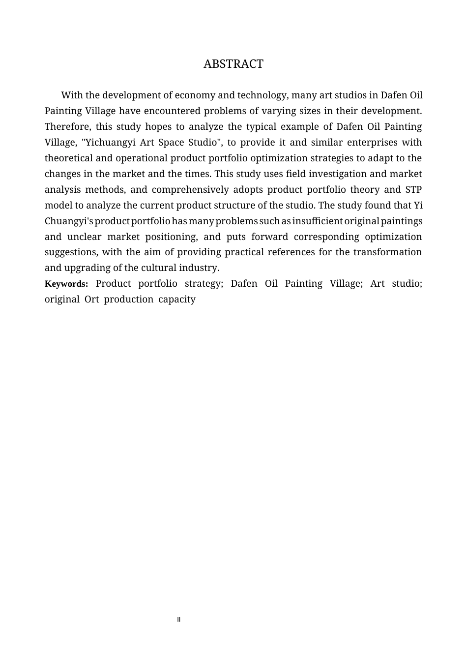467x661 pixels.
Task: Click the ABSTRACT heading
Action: click(x=233, y=64)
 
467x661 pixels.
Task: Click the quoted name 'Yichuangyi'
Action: click(x=108, y=143)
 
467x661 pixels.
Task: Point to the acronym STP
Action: click(x=413, y=190)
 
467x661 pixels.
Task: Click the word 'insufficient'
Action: click(x=317, y=221)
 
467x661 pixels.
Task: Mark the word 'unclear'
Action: click(x=83, y=237)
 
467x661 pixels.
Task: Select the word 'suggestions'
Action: click(x=71, y=252)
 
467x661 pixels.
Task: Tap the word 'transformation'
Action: click(x=387, y=252)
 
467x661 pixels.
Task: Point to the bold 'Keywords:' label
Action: click(x=66, y=284)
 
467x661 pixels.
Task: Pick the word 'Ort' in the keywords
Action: click(x=91, y=300)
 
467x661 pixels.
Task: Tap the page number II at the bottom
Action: click(x=179, y=620)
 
